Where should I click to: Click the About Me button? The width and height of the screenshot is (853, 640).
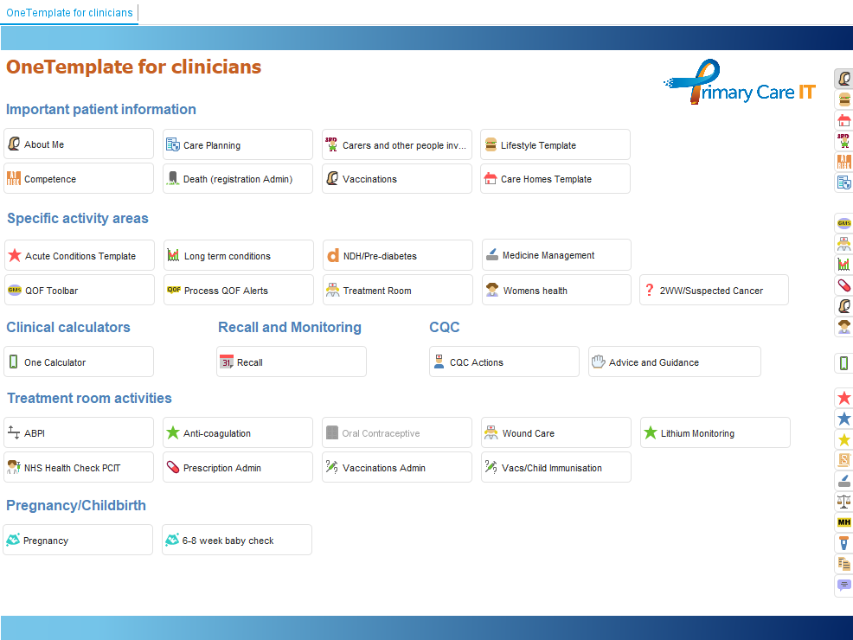[79, 144]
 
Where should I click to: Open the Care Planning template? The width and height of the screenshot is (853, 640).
[238, 144]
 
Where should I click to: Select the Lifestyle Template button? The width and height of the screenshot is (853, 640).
[555, 144]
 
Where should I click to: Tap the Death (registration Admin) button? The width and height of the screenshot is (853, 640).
[238, 179]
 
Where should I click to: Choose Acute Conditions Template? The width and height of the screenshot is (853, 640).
[80, 255]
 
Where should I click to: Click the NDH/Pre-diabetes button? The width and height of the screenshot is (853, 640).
[398, 255]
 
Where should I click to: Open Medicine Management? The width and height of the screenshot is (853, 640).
[556, 255]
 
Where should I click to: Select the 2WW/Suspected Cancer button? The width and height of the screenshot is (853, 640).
[714, 291]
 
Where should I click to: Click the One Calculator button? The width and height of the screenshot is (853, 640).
[79, 362]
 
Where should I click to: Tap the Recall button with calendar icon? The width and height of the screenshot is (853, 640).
[292, 362]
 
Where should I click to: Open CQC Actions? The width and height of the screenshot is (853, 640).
[504, 362]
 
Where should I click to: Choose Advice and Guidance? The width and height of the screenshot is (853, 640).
[675, 362]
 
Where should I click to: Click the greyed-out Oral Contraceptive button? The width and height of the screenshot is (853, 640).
[397, 432]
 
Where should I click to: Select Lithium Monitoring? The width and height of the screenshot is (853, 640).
[715, 432]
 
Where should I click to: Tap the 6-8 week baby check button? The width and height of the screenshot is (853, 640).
[237, 540]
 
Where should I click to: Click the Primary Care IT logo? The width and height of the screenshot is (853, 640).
[740, 83]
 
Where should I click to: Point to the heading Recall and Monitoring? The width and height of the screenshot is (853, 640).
[290, 327]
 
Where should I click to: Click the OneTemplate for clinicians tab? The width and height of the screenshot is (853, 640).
[69, 12]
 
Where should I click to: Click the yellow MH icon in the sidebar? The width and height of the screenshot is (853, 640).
[843, 522]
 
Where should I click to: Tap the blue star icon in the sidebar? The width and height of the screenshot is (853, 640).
[843, 419]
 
